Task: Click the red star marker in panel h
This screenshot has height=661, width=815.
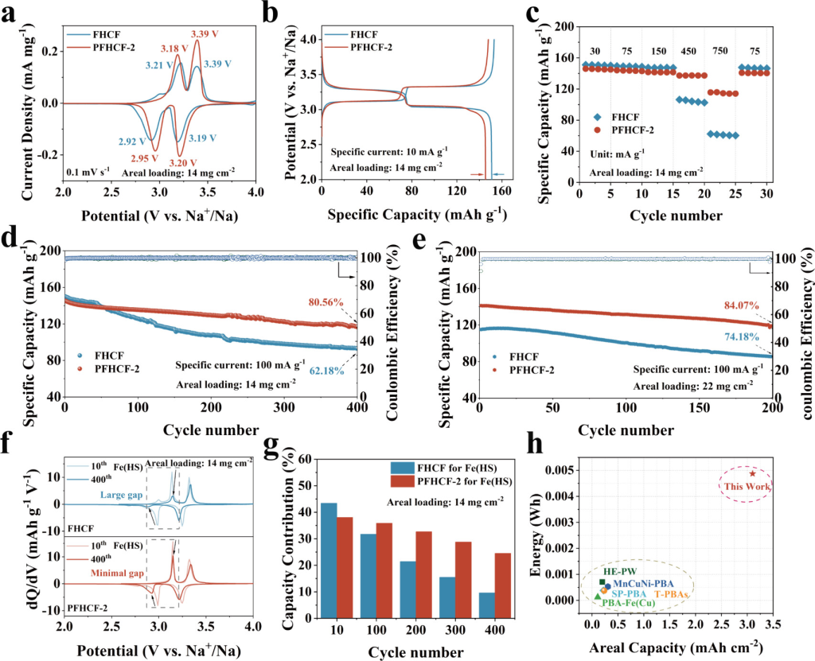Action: [x=752, y=473]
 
